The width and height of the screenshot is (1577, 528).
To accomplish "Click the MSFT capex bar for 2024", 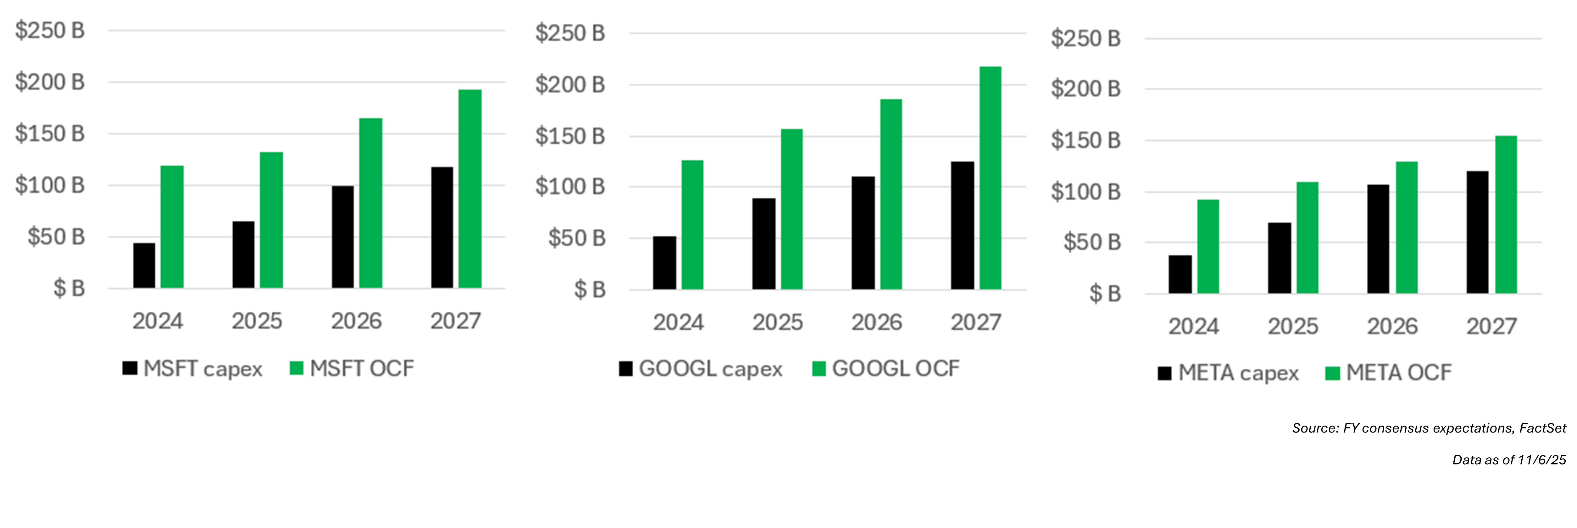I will point(144,265).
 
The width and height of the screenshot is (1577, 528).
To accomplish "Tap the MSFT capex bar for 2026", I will point(343,237).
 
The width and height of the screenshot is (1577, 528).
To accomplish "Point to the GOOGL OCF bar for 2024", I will point(692,225).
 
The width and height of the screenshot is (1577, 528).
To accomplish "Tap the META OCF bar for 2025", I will point(1307,237).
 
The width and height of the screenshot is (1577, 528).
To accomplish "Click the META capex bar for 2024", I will point(1180,274).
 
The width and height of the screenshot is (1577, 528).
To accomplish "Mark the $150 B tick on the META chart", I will point(1086,140).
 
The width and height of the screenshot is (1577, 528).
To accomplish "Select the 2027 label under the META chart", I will point(1491,326).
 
